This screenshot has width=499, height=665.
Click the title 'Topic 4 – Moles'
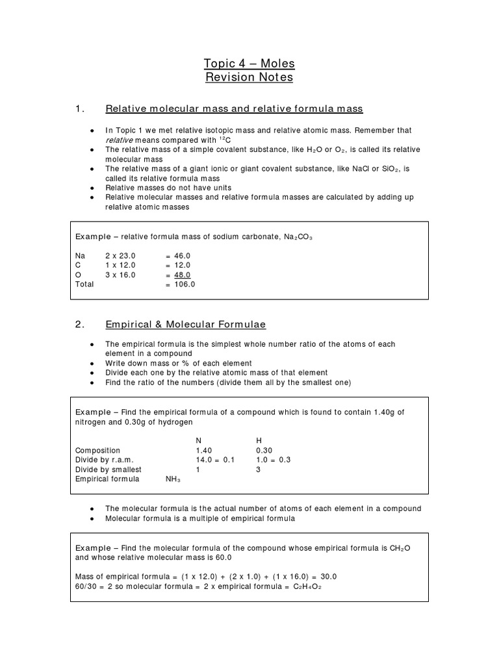(249, 64)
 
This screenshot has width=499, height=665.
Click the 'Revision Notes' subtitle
(249, 77)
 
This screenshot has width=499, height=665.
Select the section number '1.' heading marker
(81, 108)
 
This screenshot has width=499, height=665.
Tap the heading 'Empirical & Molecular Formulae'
(185, 324)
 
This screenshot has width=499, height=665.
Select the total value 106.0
(184, 284)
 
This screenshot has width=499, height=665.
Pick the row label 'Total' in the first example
(84, 284)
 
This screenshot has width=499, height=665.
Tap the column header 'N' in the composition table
(199, 440)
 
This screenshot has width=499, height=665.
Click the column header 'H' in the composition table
(260, 440)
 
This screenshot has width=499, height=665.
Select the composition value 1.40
(204, 450)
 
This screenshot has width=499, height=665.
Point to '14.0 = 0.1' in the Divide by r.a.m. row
(214, 460)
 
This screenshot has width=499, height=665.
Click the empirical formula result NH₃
(173, 479)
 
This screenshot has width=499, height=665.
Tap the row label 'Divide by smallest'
(108, 470)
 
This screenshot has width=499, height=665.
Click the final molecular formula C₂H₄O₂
(308, 586)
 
